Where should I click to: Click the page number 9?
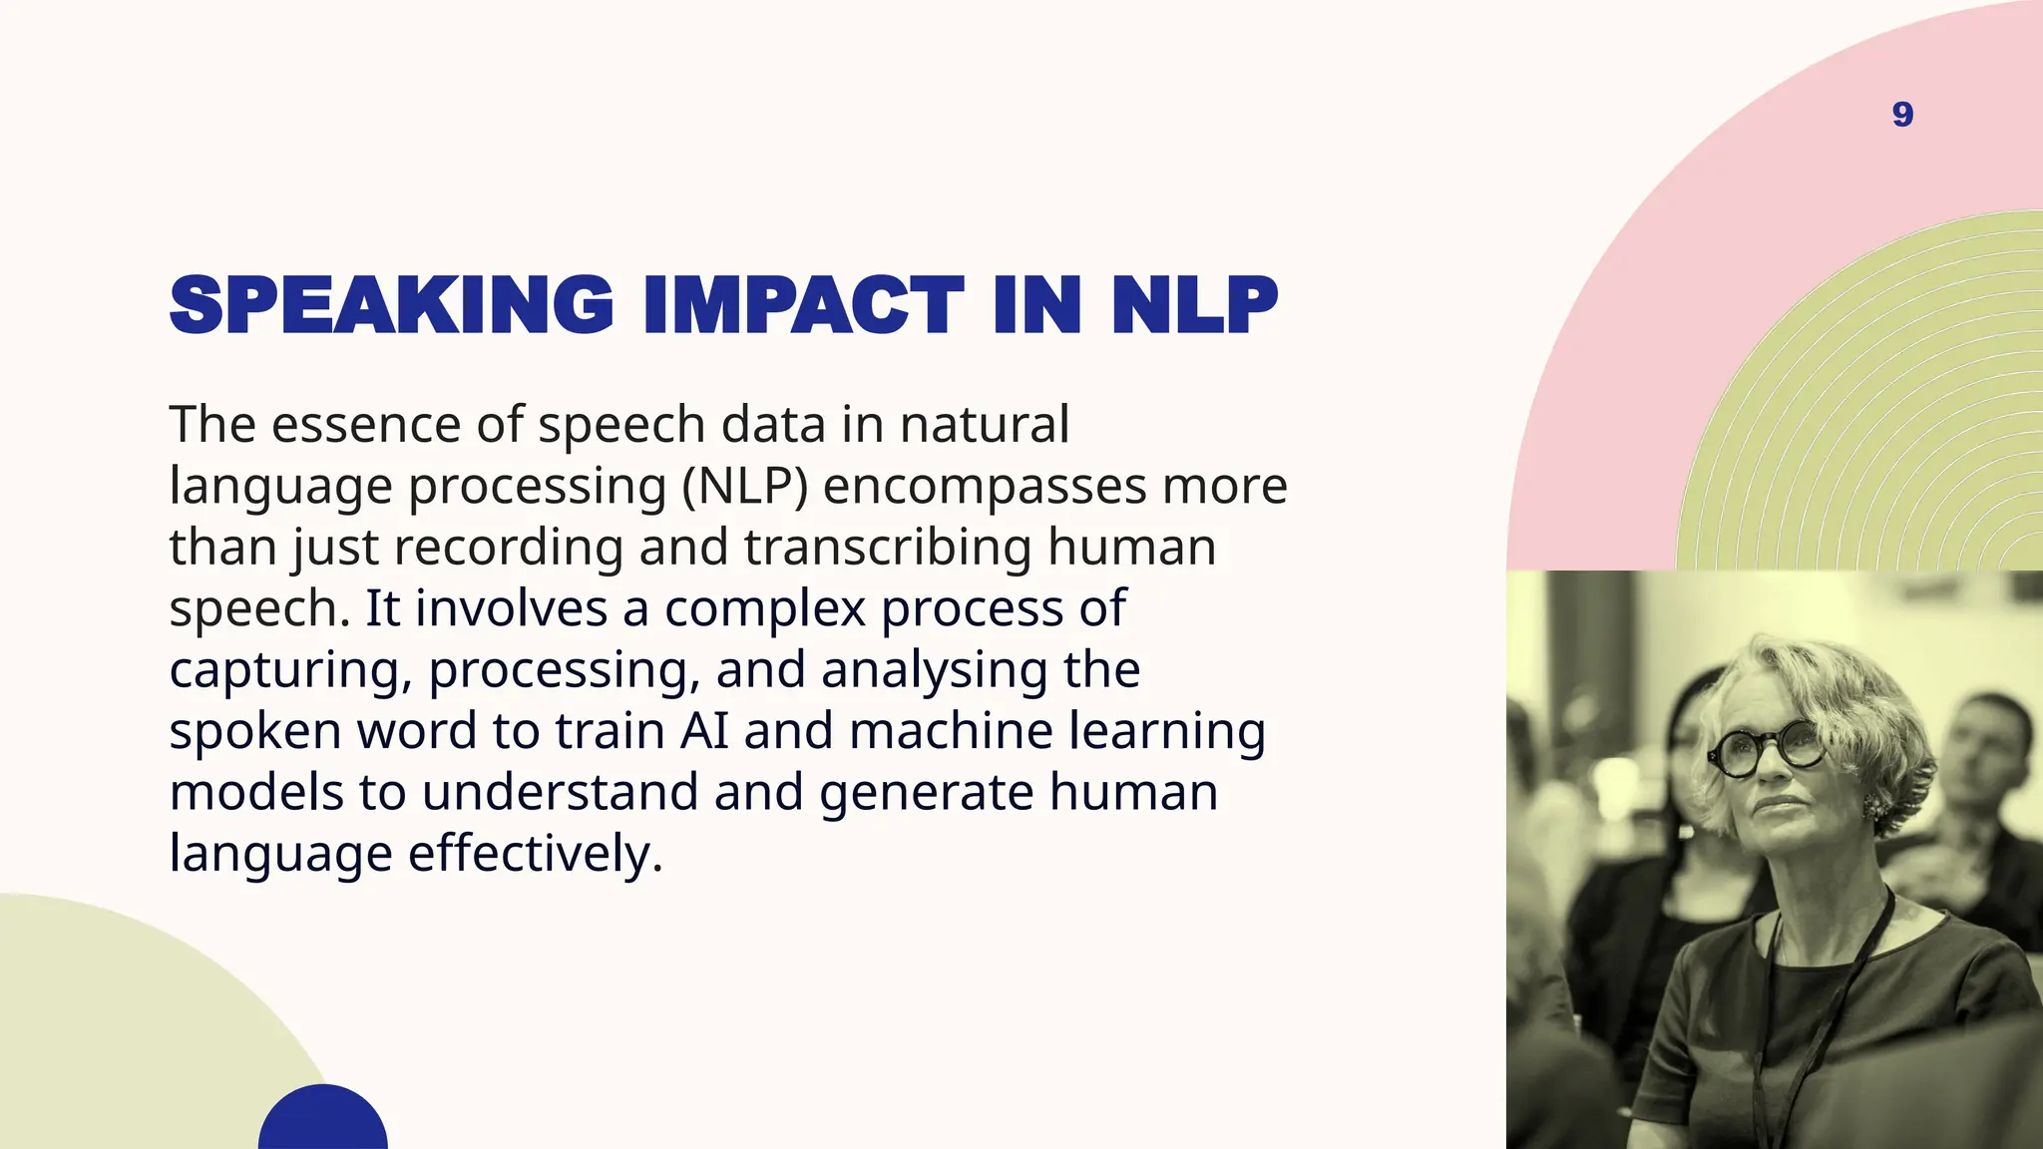coord(1902,115)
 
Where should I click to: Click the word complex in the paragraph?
coord(765,608)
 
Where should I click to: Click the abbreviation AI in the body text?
coord(704,731)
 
